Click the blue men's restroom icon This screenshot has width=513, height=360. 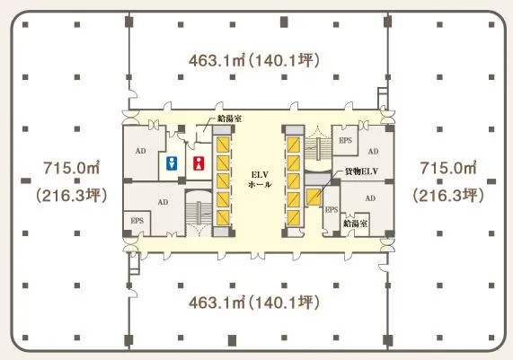172,163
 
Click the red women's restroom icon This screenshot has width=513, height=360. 199,163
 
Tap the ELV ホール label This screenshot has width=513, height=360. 260,180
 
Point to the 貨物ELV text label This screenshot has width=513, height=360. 361,171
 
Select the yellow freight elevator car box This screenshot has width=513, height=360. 314,197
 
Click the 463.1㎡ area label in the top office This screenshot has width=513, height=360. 217,60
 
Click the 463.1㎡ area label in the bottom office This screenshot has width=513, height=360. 217,303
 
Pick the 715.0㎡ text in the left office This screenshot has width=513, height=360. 72,168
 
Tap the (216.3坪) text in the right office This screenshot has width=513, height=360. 448,196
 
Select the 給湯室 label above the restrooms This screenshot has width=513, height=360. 230,119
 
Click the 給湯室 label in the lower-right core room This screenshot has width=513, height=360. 355,224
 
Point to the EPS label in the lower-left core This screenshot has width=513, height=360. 137,221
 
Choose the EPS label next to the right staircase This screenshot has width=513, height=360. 346,140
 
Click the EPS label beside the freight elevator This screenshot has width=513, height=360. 332,209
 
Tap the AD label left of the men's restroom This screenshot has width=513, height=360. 141,151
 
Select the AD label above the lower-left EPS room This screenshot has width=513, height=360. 163,202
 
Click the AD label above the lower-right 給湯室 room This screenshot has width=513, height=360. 370,198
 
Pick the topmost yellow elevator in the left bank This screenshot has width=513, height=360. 223,145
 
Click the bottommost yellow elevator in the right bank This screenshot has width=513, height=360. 293,218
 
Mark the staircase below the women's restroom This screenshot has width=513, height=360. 199,214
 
